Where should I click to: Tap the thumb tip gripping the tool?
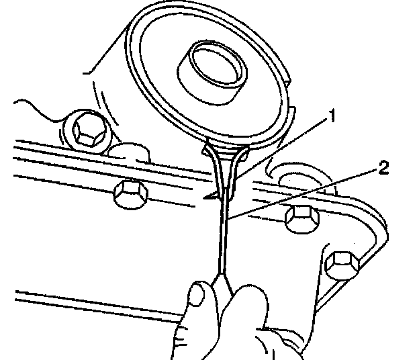(x=197, y=296)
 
